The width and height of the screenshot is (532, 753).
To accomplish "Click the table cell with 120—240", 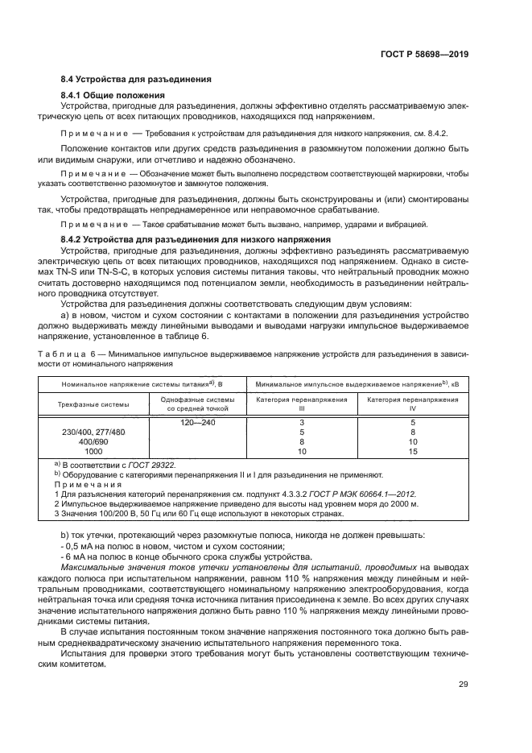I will [197, 422].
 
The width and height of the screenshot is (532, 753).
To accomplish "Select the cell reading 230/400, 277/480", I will [93, 432].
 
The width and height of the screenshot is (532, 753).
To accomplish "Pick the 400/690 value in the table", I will [93, 443].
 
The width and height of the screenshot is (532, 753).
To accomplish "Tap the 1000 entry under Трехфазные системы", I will [93, 453].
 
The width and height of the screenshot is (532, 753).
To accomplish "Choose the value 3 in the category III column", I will [302, 422].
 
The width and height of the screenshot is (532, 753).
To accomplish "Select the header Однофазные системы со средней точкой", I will [197, 404].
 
